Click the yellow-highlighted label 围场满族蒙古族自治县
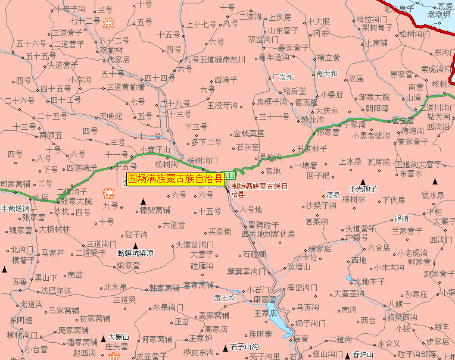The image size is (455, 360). tap(175, 178)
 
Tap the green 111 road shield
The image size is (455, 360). tap(230, 177)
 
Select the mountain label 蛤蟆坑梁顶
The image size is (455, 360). tap(135, 253)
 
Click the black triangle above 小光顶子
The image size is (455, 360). tap(363, 181)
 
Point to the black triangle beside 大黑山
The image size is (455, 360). tap(102, 337)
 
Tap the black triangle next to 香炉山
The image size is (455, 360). tap(347, 355)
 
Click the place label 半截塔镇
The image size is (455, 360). tap(14, 208)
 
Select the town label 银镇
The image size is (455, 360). tap(401, 219)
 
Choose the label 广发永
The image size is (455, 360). tap(283, 77)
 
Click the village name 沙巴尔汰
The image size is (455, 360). tap(57, 290)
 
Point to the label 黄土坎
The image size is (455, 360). tap(225, 298)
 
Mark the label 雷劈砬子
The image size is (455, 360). tap(264, 224)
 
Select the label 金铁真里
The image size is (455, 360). tap(248, 134)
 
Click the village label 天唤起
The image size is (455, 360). tap(110, 115)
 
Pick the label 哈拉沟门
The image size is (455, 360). tap(371, 19)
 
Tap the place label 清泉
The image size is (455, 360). tap(333, 195)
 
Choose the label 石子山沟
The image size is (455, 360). tap(244, 346)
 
